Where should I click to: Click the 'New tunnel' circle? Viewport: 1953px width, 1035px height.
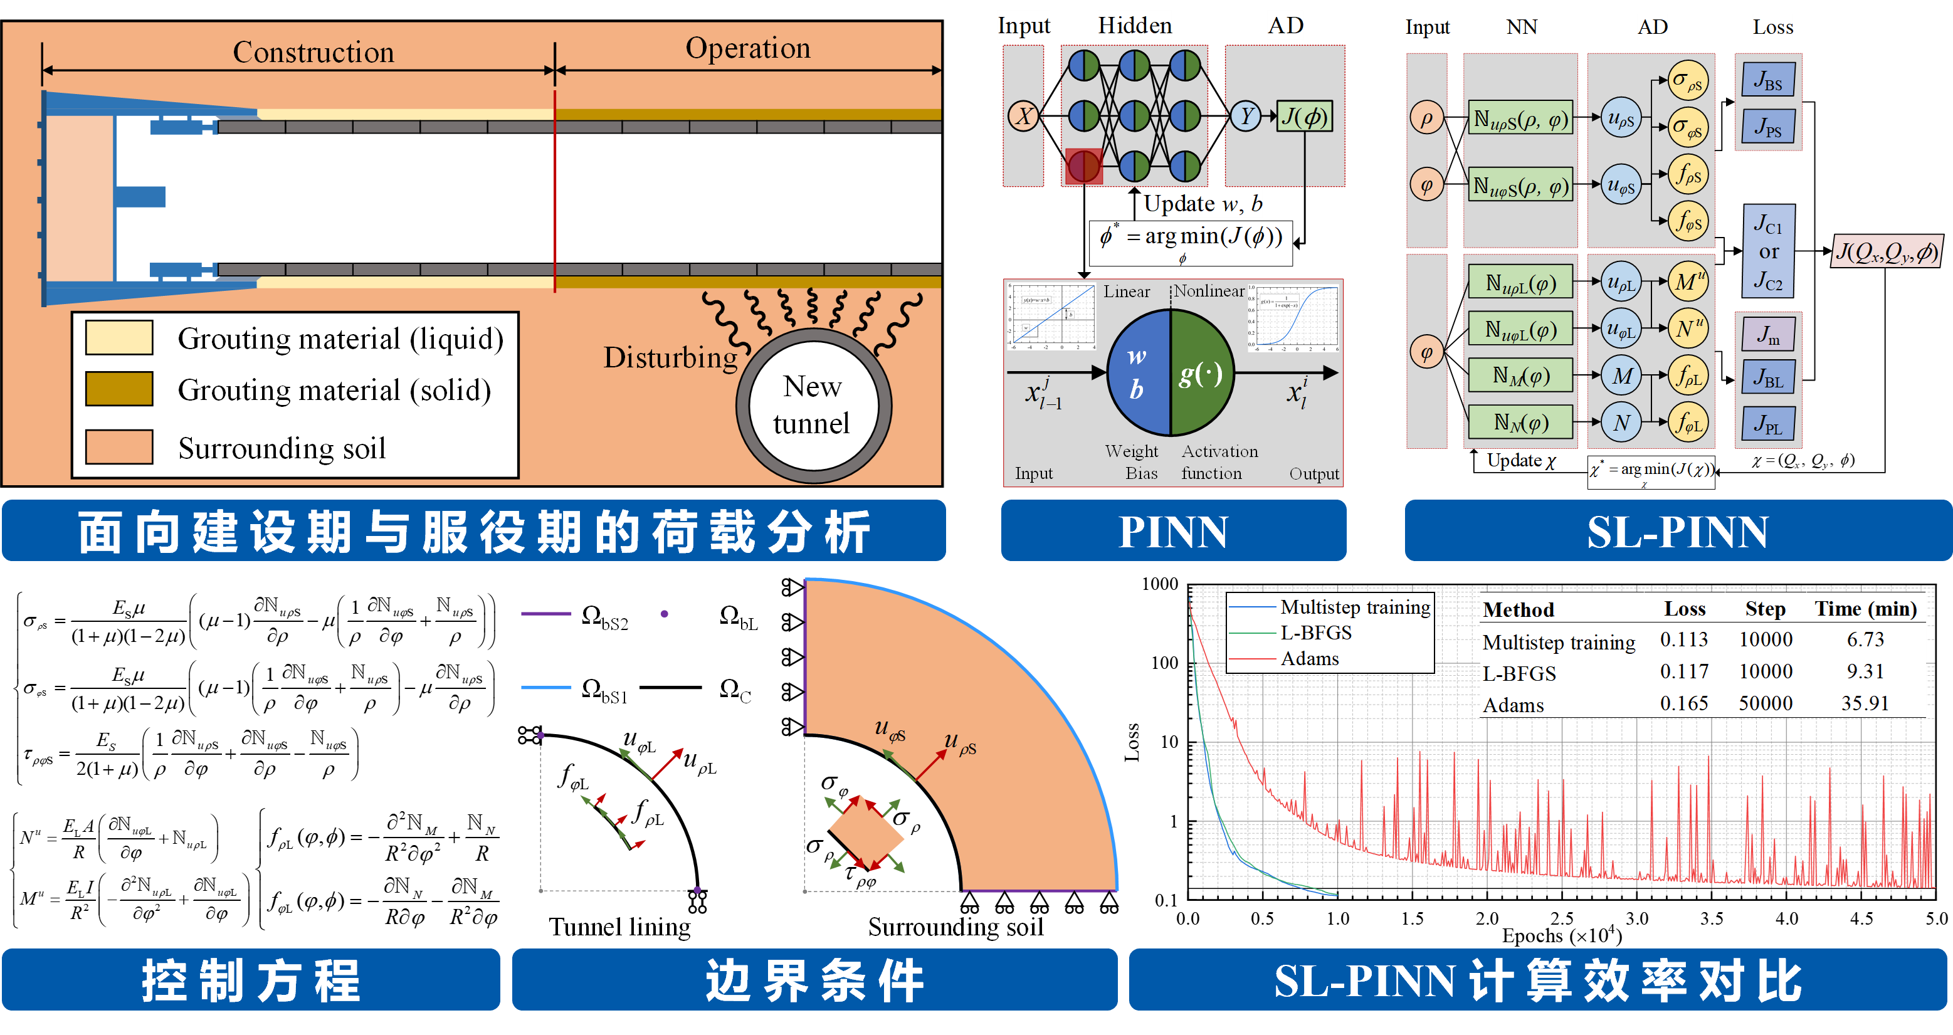pos(814,406)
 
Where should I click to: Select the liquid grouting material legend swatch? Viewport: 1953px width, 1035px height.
pos(119,337)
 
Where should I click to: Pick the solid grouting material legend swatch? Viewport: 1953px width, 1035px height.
pos(119,388)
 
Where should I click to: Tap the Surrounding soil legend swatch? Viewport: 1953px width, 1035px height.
pos(119,446)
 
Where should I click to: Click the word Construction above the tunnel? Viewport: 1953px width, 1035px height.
pos(313,52)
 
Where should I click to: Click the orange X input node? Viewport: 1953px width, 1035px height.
pos(1023,116)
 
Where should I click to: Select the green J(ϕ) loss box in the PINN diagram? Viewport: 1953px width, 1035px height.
pos(1304,116)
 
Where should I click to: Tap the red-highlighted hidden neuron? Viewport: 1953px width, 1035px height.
pos(1083,166)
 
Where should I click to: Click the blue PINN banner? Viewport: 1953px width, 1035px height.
pos(1173,531)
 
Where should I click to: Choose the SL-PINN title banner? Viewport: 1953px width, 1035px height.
pos(1677,531)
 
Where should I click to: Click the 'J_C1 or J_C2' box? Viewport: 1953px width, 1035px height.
pos(1768,251)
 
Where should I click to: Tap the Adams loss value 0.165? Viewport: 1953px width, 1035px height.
pos(1684,703)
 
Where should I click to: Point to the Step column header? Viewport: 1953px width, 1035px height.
pos(1765,609)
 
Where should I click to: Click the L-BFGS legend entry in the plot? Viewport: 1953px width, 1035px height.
pos(1315,633)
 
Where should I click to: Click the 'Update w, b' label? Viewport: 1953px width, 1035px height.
pos(1203,203)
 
